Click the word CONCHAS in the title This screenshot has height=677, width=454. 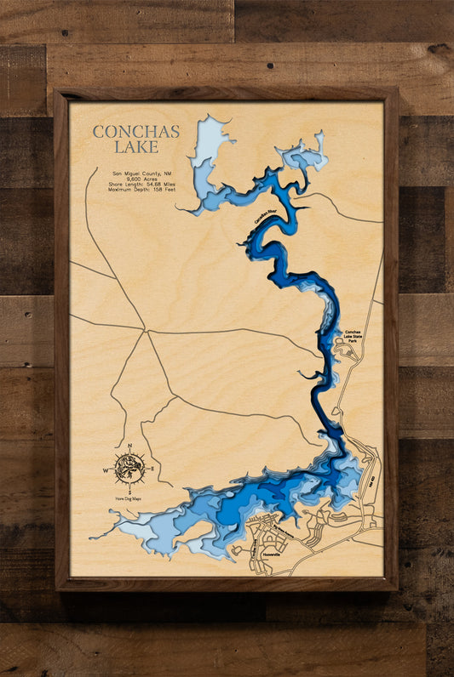coord(136,132)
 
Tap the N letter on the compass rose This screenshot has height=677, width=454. coord(129,446)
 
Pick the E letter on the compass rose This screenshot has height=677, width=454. coord(152,469)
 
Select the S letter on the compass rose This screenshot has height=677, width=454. coord(129,491)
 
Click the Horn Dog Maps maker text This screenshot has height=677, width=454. coord(129,499)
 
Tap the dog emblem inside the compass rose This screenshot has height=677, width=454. coord(129,468)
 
